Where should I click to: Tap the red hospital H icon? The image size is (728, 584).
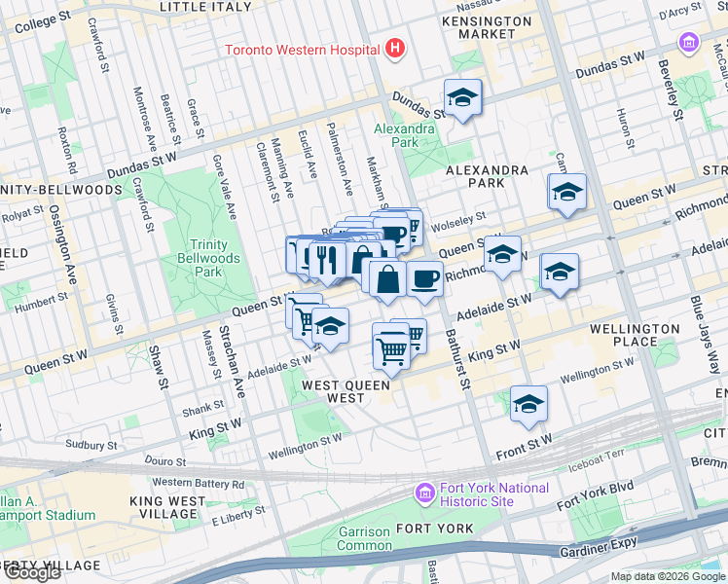[394, 47]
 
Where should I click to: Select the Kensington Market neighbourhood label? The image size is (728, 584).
[487, 27]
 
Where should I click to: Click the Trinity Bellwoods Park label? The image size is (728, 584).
[202, 258]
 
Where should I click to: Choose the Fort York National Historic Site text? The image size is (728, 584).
[487, 493]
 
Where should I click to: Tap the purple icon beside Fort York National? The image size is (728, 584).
[423, 493]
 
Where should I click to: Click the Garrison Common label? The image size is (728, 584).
[364, 538]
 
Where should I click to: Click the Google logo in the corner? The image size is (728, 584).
[31, 572]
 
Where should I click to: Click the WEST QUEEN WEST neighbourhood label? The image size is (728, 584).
[346, 391]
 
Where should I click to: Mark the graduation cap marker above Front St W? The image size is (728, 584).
[528, 404]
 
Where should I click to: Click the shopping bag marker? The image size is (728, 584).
[387, 279]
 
